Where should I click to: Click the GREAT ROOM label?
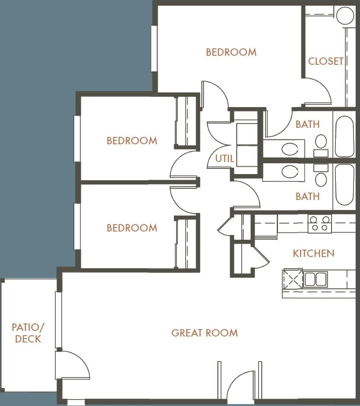[x=204, y=333]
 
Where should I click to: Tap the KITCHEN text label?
[x=313, y=253]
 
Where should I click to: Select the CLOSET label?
[x=325, y=61]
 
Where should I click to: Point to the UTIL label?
[x=224, y=159]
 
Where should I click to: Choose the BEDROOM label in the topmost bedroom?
[x=231, y=52]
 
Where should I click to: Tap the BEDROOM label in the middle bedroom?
[x=132, y=140]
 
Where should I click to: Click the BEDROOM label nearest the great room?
[x=132, y=228]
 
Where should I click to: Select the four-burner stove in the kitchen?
[x=319, y=223]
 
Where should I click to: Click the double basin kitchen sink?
[x=315, y=279]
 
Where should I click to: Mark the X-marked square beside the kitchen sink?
[x=293, y=279]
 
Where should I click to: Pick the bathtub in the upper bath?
[x=344, y=136]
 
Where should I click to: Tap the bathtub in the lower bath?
[x=344, y=185]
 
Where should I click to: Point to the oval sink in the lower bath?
[x=290, y=171]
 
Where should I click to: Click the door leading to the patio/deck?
[x=71, y=365]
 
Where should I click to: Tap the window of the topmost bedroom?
[x=154, y=48]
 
